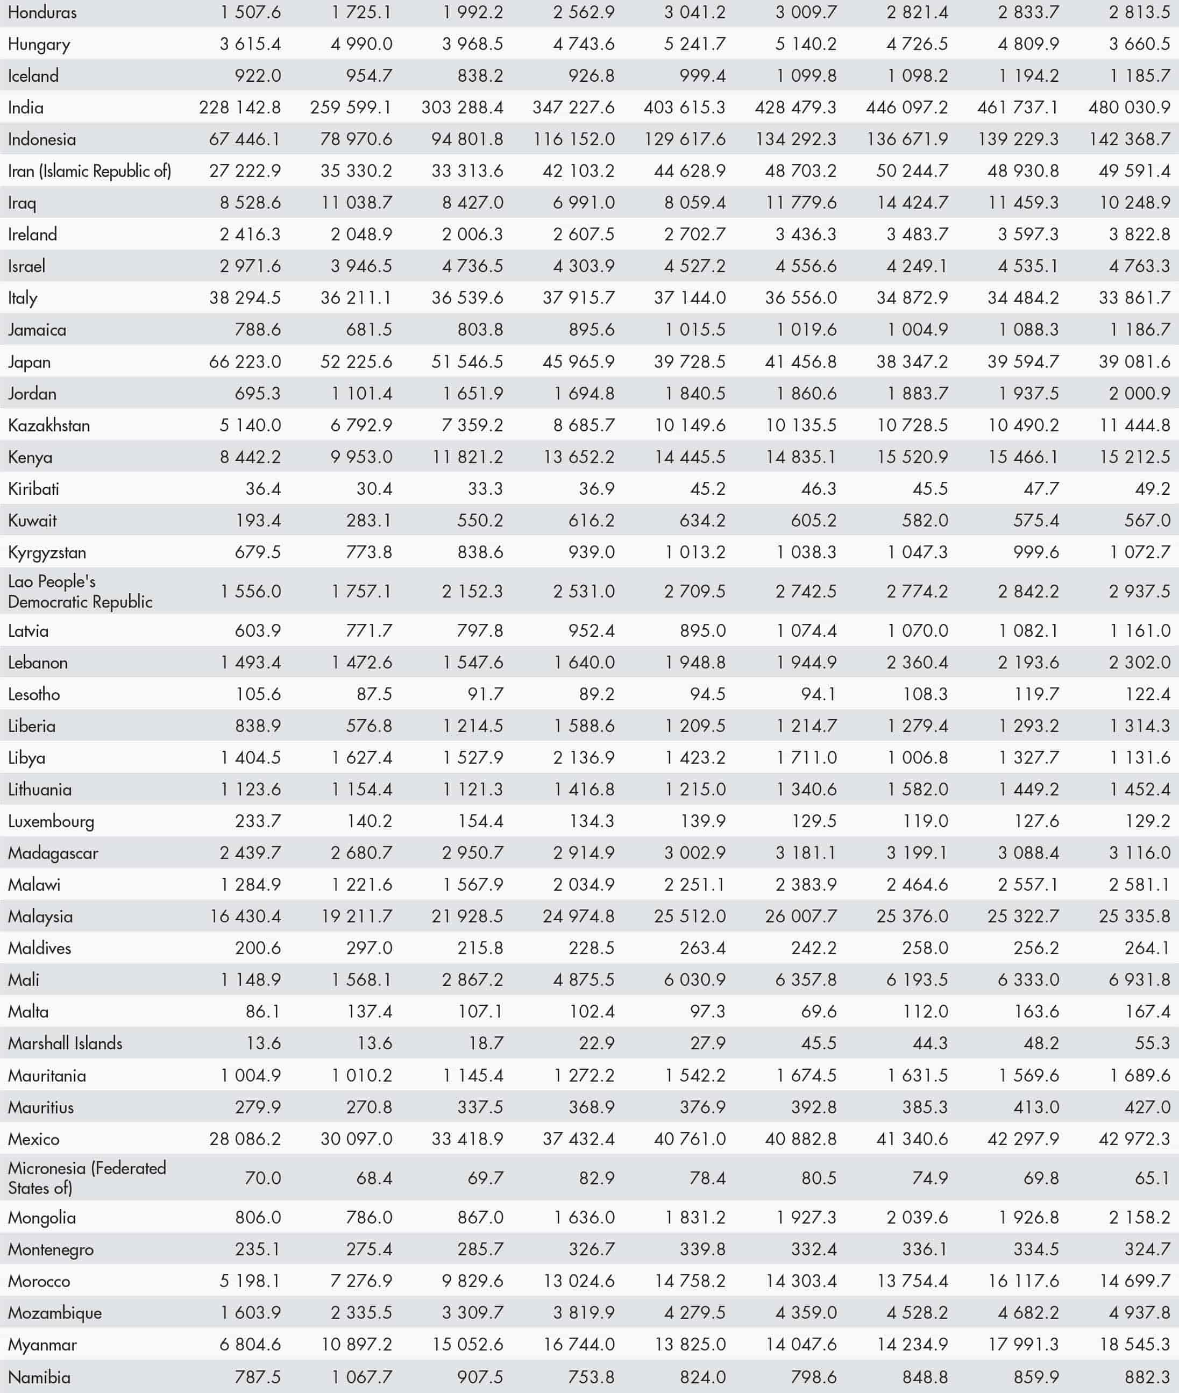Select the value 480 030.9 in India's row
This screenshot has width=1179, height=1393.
(1129, 108)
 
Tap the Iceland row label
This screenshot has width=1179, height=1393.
(33, 75)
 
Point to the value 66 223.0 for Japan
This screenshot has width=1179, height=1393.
(245, 361)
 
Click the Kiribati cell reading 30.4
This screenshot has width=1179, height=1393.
(374, 488)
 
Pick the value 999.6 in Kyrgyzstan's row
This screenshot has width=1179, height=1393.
(1036, 552)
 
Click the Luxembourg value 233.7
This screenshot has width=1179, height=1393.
(258, 821)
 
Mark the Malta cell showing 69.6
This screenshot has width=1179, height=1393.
(819, 1011)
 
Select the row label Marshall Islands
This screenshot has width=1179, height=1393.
(65, 1043)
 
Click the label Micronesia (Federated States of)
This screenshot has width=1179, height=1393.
(87, 1178)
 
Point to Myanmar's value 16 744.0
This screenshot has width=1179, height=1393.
(579, 1344)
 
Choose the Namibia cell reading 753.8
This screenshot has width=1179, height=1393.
(592, 1377)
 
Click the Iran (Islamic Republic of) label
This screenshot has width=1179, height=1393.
(90, 171)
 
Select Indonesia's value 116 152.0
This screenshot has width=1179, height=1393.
(573, 140)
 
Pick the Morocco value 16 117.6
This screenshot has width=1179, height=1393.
(1023, 1281)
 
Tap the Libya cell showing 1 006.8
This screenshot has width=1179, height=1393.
(917, 757)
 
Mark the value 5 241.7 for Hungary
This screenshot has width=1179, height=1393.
(694, 44)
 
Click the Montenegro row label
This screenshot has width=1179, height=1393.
(51, 1249)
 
